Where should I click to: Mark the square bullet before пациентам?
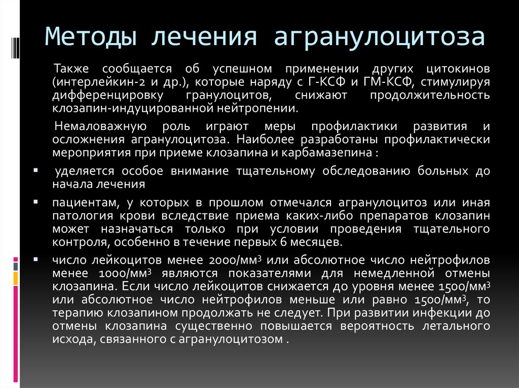[x=36, y=202]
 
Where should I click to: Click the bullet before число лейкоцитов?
[x=36, y=260]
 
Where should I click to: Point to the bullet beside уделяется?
[x=36, y=170]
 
